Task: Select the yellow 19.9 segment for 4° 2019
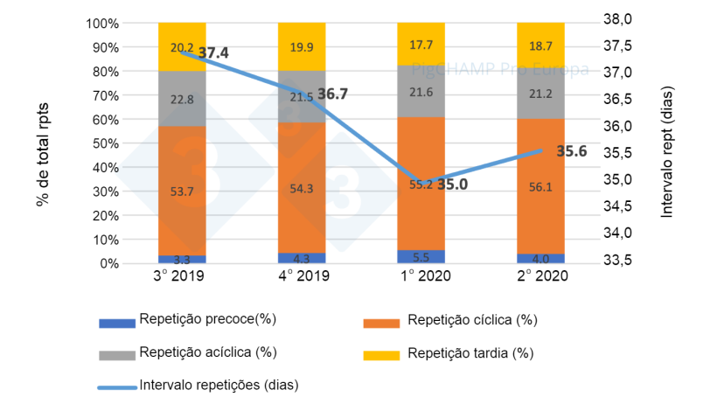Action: click(x=302, y=46)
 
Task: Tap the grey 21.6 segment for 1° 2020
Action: click(x=421, y=91)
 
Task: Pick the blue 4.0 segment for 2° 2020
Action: click(x=540, y=259)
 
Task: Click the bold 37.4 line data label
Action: click(x=213, y=53)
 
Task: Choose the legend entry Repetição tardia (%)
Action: click(x=470, y=353)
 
